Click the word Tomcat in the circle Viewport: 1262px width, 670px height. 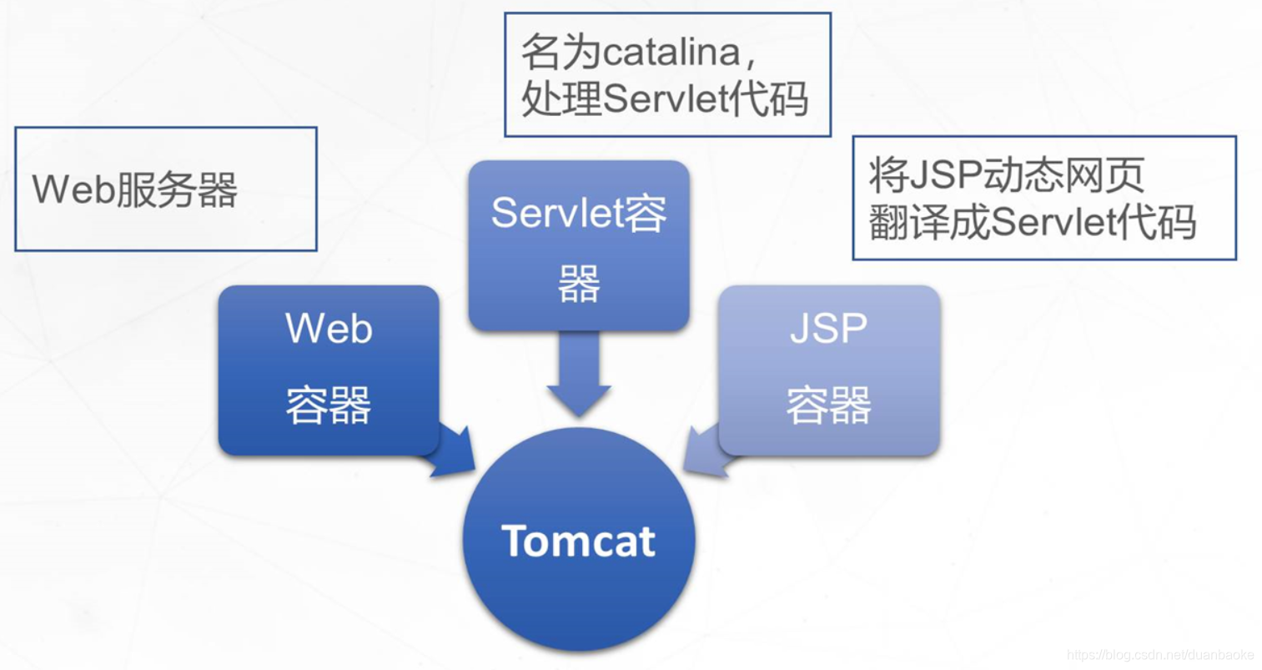(x=578, y=541)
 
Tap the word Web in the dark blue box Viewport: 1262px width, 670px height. (x=329, y=328)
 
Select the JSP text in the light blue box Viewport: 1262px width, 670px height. (x=828, y=328)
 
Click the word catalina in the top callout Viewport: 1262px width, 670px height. (x=671, y=53)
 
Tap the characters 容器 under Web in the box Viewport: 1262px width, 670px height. (x=329, y=406)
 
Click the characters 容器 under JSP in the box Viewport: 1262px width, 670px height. (x=828, y=406)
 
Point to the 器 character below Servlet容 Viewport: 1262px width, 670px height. (x=579, y=285)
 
